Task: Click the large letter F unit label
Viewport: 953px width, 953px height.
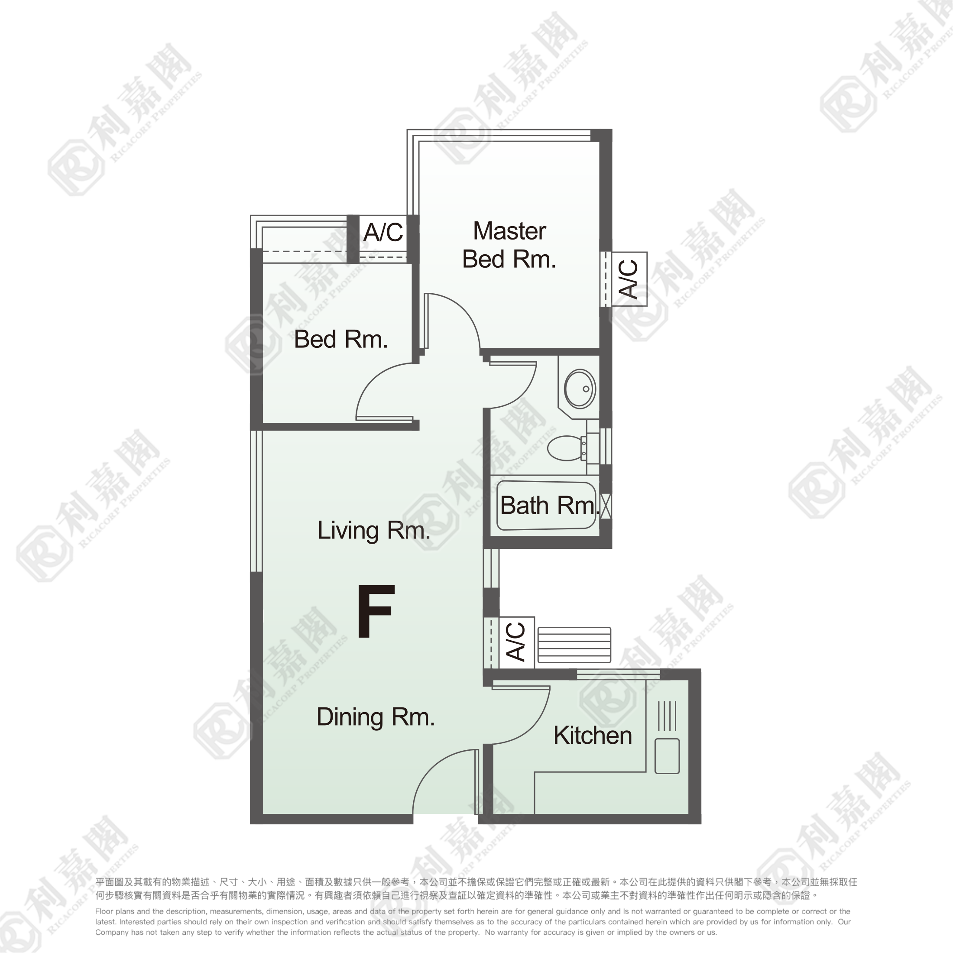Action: [376, 611]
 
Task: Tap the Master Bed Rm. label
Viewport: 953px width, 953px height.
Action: [509, 245]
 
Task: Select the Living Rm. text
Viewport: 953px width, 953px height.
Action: [374, 531]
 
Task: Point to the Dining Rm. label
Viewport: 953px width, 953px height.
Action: [376, 717]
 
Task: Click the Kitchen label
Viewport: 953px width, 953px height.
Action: [593, 736]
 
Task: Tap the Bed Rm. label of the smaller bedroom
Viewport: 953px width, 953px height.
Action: [341, 339]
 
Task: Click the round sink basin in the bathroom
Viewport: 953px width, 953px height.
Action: [580, 389]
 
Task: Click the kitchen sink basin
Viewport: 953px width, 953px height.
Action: [667, 756]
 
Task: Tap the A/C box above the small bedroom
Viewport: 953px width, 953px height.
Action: [383, 232]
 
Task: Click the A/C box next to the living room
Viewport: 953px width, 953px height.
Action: [516, 643]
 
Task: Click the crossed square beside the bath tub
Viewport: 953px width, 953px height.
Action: [606, 506]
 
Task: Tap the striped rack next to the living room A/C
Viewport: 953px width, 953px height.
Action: [574, 645]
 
